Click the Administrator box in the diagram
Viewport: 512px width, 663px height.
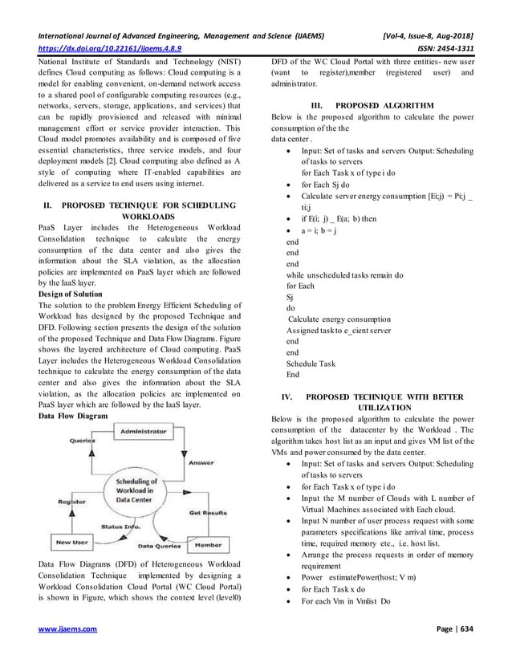(x=144, y=432)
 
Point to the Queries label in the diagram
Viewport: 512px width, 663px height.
(x=83, y=441)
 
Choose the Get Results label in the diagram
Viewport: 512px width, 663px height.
(x=207, y=512)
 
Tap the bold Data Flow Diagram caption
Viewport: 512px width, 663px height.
(x=73, y=417)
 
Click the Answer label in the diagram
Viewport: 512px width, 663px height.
(x=201, y=463)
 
